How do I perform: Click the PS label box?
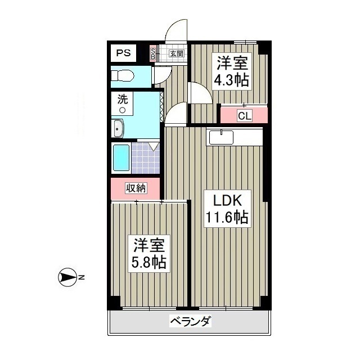(x=123, y=53)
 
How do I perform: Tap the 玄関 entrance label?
(x=176, y=54)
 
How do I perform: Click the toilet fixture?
(x=122, y=75)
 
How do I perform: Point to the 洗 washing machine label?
(x=122, y=100)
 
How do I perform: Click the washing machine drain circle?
(x=121, y=110)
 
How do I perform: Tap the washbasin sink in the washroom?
(x=118, y=129)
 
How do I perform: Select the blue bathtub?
(x=121, y=157)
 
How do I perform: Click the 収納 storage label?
(x=136, y=188)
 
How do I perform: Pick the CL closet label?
(x=244, y=116)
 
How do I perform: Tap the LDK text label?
(x=226, y=200)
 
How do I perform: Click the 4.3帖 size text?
(x=231, y=79)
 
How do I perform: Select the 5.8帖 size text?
(x=149, y=262)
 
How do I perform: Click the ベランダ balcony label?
(x=191, y=322)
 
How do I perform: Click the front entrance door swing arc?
(x=177, y=31)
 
